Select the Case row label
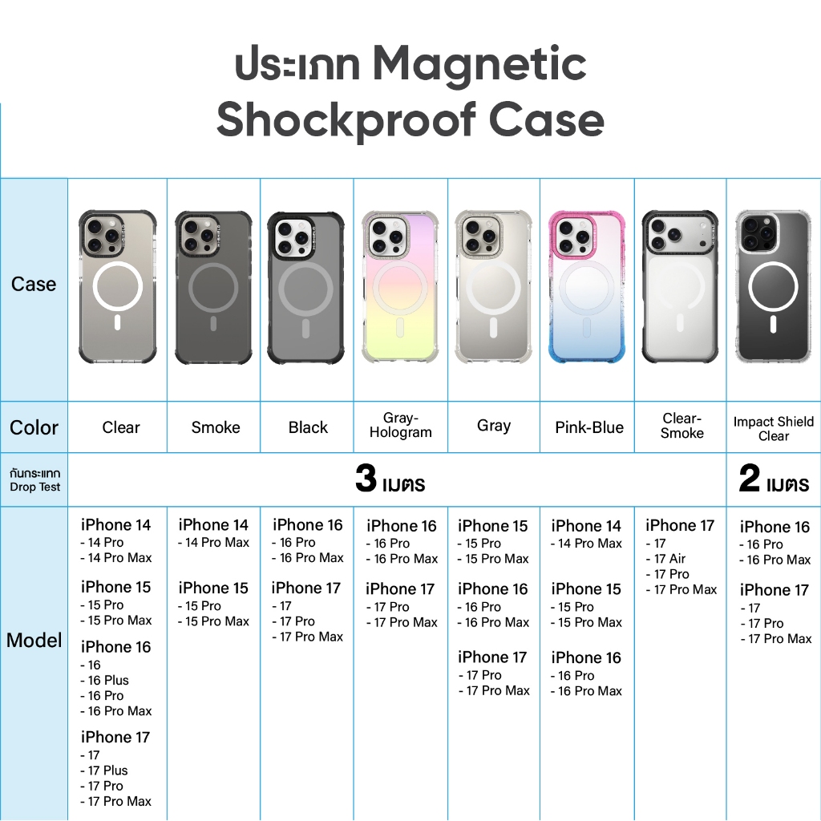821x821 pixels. pos(34,284)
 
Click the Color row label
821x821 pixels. pos(34,427)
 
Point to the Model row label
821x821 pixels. pos(34,640)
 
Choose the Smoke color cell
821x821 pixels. pos(216,427)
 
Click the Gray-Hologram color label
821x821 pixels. pos(401,425)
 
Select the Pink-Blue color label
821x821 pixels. pos(589,427)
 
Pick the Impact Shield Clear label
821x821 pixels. pos(774,429)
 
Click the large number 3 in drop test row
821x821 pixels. pos(366,478)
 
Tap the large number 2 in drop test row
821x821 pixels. pos(750,478)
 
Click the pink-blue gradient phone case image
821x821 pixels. pos(587,287)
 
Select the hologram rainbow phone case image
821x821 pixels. pos(401,287)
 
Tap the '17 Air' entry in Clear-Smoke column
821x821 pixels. pos(665,559)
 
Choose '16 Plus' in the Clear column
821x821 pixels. pos(104,680)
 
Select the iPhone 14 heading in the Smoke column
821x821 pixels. pos(213,524)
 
